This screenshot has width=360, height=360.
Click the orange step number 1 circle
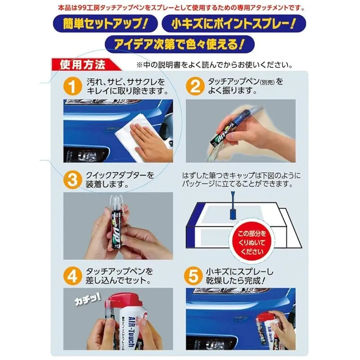[x=72, y=86]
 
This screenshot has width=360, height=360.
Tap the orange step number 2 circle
[x=195, y=86]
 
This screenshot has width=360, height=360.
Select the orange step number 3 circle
[x=72, y=180]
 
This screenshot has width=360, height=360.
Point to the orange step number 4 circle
[x=72, y=276]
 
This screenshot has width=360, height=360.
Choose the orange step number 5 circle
[x=193, y=276]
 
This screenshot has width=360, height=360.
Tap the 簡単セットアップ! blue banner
[x=105, y=23]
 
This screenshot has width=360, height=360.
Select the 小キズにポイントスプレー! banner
[x=234, y=23]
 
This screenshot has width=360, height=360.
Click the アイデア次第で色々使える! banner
[x=180, y=44]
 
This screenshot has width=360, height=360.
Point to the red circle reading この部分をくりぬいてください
[x=252, y=243]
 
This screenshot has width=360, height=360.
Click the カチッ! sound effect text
[x=88, y=298]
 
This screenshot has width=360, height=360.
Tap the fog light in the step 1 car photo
[x=86, y=154]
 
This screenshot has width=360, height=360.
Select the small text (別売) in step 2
[x=267, y=83]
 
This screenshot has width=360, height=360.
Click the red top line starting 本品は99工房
[x=181, y=8]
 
